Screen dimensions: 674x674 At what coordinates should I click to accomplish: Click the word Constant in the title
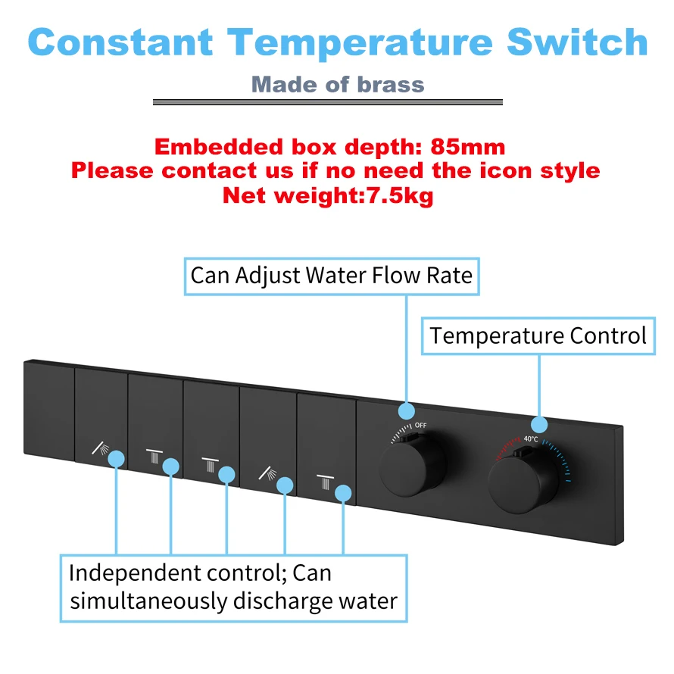[x=120, y=42]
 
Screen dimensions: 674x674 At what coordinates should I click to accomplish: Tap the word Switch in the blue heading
[x=577, y=42]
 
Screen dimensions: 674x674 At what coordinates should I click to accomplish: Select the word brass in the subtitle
[x=391, y=85]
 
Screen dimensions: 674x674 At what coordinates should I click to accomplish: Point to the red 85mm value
[x=468, y=147]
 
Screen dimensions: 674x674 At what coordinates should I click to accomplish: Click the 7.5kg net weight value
[x=399, y=196]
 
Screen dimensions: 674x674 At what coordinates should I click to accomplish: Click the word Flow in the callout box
[x=396, y=275]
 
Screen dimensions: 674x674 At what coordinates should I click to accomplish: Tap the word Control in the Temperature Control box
[x=608, y=335]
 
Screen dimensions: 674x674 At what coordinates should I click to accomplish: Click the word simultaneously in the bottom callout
[x=148, y=601]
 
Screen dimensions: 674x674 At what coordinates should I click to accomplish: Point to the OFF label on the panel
[x=420, y=425]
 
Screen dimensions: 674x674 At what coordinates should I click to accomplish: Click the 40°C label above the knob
[x=531, y=439]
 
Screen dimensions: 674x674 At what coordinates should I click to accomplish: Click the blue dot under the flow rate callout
[x=407, y=411]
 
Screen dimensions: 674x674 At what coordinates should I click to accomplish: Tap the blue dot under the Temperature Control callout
[x=539, y=425]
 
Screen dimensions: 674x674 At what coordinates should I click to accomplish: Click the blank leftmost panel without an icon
[x=49, y=410]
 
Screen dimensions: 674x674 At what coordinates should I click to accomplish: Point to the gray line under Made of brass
[x=328, y=102]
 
